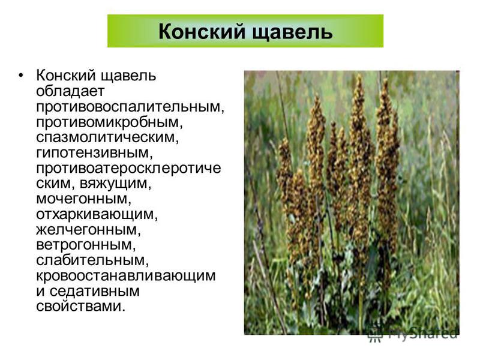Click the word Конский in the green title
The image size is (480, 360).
coord(202,31)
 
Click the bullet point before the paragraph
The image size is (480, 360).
coord(20,76)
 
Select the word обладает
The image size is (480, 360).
coord(70,91)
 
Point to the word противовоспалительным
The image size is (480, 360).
coord(128,107)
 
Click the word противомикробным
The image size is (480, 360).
coord(108,122)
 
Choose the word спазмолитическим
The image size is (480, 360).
coord(106,137)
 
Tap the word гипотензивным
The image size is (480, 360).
coord(93,153)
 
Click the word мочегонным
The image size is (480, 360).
coord(82,199)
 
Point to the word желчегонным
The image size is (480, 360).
coord(86,230)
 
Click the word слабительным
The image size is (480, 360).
coord(91,260)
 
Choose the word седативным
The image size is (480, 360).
coord(94,291)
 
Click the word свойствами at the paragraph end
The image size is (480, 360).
coord(79,306)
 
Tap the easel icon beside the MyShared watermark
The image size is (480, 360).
coord(375,334)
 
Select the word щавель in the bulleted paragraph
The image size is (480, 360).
coord(129,76)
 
